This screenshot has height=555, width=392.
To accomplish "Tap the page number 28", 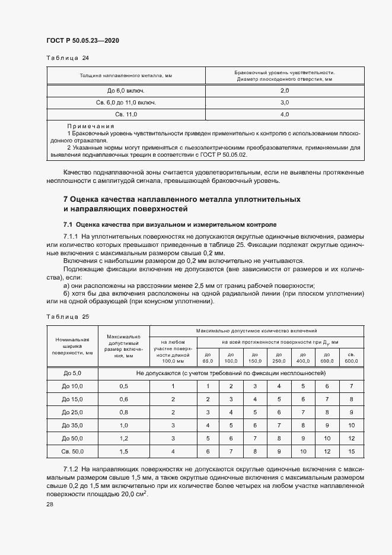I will [x=50, y=503].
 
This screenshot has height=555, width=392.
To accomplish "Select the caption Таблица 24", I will [x=67, y=58].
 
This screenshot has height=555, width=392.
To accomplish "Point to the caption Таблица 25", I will [x=67, y=316].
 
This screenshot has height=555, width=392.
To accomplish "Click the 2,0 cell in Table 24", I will [x=284, y=90].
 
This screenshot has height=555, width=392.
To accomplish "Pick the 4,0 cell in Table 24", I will [x=284, y=114].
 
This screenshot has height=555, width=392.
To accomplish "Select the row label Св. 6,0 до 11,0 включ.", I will [x=126, y=102].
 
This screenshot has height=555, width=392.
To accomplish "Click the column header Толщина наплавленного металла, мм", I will [x=126, y=76].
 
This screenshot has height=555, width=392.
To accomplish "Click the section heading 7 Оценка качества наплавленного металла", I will [x=181, y=199].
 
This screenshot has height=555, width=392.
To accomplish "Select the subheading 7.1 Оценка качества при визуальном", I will [x=170, y=225].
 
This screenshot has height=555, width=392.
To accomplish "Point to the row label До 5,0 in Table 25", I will [x=72, y=373].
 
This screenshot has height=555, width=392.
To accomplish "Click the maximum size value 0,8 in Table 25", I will [x=124, y=412].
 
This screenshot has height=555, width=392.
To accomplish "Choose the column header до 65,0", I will [x=208, y=357].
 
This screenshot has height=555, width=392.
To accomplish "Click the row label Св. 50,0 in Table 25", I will [x=72, y=452].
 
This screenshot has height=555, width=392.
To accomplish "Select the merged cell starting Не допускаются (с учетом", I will [x=231, y=373].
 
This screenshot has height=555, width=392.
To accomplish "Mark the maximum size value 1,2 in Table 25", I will [x=124, y=439].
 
